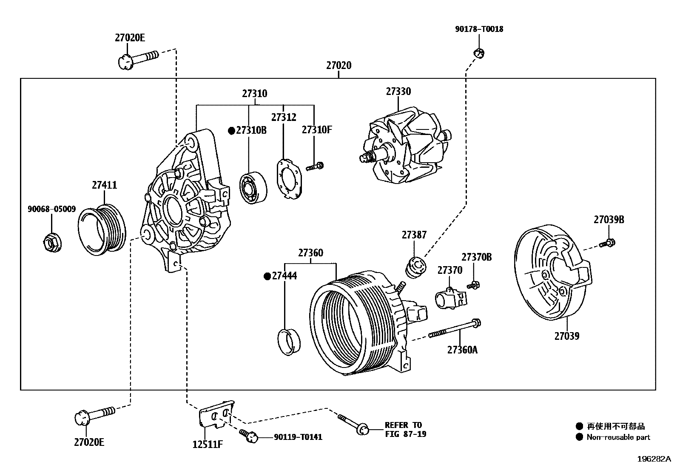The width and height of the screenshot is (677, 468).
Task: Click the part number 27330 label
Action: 398,92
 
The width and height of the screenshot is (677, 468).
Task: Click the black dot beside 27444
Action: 267,276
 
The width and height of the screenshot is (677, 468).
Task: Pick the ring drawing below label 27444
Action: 288,341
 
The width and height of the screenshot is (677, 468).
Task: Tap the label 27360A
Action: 462,350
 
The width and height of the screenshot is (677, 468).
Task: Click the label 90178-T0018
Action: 479,29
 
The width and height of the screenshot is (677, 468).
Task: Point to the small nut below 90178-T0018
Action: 479,53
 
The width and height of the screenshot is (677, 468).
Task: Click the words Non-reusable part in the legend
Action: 618,437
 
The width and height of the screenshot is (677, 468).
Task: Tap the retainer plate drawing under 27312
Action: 288,179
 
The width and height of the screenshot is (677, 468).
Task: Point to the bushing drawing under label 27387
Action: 415,267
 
